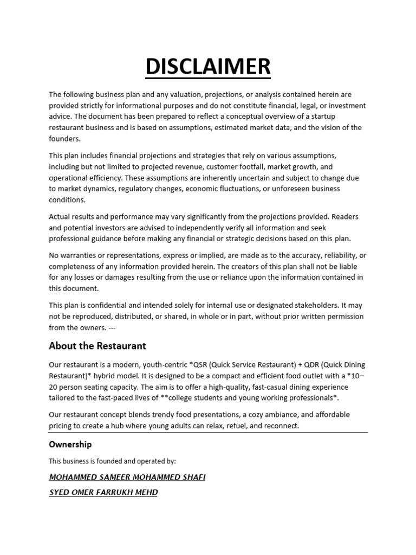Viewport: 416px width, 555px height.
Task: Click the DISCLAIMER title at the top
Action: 208,67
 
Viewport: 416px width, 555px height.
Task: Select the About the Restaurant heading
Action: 97,346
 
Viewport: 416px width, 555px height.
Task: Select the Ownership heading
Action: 70,444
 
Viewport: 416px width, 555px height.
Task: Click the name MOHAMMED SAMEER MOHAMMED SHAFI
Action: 127,477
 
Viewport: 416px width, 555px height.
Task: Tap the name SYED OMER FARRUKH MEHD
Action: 103,493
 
